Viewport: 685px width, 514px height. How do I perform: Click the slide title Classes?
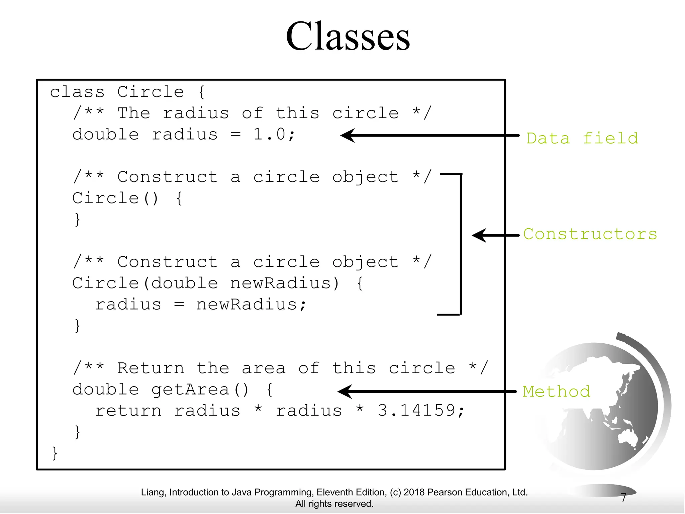point(348,36)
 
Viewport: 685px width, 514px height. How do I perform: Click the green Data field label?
point(582,138)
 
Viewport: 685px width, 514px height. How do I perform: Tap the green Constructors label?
point(590,234)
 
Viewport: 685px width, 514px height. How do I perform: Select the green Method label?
point(557,391)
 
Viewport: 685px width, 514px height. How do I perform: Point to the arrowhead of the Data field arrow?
point(348,136)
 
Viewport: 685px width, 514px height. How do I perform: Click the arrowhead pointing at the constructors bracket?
point(479,236)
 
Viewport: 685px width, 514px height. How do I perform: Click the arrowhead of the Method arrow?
point(345,392)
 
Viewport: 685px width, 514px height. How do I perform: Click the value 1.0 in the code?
point(269,135)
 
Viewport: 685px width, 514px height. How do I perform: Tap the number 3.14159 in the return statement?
point(416,410)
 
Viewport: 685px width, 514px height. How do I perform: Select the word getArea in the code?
point(190,390)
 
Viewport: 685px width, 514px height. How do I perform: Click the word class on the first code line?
point(77,92)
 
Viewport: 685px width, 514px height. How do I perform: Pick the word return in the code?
point(128,411)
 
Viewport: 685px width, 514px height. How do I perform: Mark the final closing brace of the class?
point(55,453)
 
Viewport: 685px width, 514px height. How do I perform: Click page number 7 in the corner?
point(623,498)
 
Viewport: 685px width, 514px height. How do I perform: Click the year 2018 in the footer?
point(414,492)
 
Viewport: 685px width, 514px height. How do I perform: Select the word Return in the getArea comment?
point(151,368)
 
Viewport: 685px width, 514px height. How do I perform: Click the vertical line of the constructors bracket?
point(461,244)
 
